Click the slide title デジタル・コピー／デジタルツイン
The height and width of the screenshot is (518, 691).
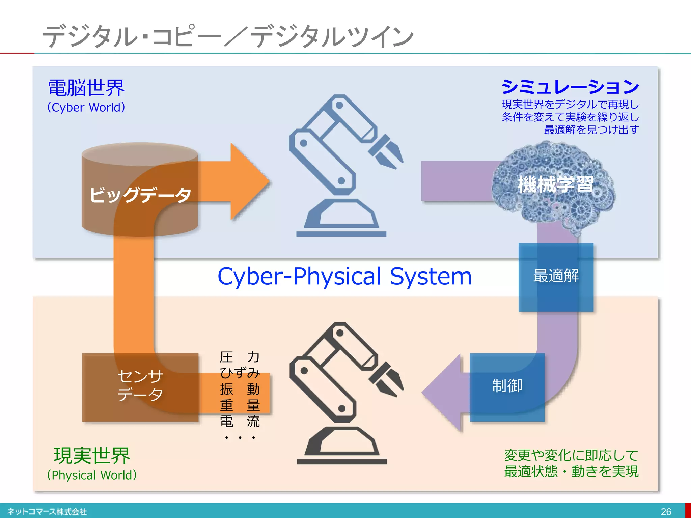point(228,36)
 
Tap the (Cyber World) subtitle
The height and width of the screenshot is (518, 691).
point(86,107)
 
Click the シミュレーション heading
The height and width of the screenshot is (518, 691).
point(570,87)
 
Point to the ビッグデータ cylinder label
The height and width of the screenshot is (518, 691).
point(140,195)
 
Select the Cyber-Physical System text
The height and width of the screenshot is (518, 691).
point(344,277)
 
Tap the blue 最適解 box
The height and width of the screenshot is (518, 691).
point(556,277)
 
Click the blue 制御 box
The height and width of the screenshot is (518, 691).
point(507,386)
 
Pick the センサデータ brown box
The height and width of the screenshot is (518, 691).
point(140,386)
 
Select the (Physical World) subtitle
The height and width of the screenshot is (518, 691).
point(92,475)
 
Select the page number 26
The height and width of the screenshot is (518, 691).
point(666,512)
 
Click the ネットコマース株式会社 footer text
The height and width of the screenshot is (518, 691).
point(47,512)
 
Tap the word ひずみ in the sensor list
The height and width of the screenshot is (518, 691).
point(240,373)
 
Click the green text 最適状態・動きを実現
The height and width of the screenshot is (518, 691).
point(571,471)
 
